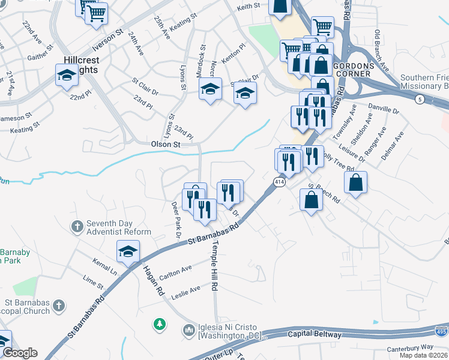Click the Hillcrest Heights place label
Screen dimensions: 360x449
click(82, 65)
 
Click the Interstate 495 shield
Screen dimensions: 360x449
click(441, 329)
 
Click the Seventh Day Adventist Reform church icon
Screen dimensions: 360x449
click(77, 227)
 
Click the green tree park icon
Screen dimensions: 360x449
click(159, 325)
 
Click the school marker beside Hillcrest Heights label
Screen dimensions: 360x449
click(67, 76)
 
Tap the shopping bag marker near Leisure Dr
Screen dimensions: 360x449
click(356, 182)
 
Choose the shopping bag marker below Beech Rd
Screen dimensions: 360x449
click(312, 200)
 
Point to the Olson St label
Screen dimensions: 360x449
click(166, 145)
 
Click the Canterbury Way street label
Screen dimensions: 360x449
click(410, 348)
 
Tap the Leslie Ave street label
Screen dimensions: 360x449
click(186, 291)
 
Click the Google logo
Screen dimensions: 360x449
click(20, 353)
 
